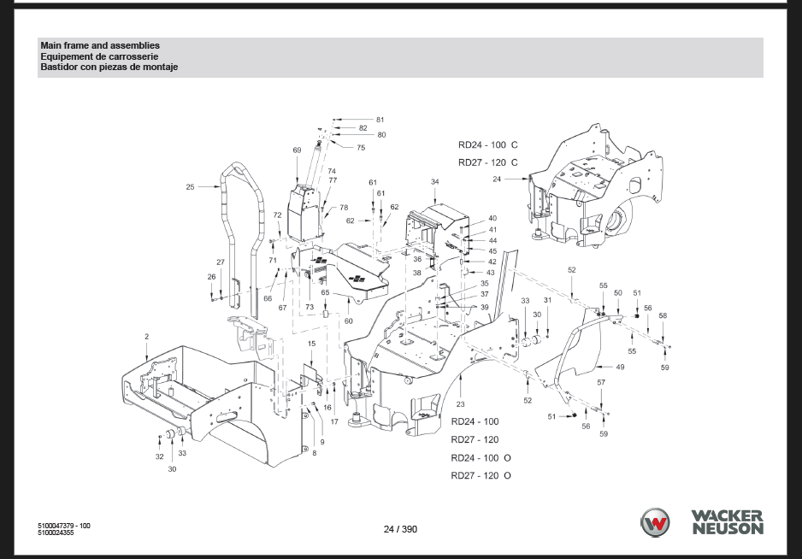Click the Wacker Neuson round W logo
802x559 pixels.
tap(655, 522)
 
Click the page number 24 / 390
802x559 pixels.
tap(400, 529)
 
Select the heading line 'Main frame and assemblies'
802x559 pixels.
tap(100, 45)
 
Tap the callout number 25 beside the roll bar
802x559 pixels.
tap(191, 187)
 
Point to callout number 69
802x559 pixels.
tap(298, 150)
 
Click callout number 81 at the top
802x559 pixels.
tap(380, 120)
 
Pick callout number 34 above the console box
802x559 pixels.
tap(434, 181)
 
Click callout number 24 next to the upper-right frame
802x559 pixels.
tap(497, 179)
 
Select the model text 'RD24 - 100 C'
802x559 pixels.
tap(488, 144)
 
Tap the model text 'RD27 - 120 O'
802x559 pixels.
tap(481, 475)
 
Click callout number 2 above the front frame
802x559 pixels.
tap(147, 337)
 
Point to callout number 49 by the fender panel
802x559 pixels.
tap(620, 367)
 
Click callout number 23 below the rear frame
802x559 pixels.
tap(460, 404)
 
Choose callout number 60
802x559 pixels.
tap(348, 321)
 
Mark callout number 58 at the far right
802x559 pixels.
tap(663, 315)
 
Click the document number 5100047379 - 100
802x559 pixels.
tap(64, 526)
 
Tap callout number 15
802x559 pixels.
tap(311, 344)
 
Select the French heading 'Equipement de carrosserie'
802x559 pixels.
tap(100, 56)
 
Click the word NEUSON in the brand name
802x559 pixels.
tap(728, 529)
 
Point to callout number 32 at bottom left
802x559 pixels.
tap(160, 456)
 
